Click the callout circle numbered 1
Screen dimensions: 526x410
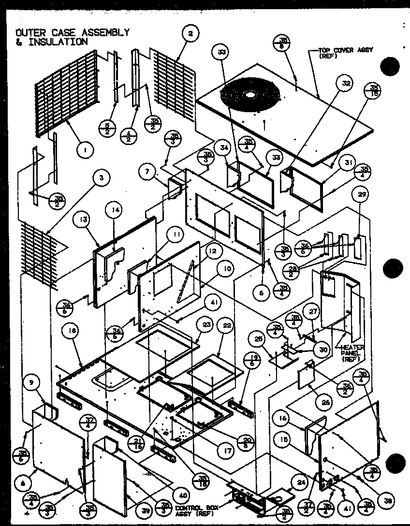point(85,150)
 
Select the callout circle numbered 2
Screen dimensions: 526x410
point(190,34)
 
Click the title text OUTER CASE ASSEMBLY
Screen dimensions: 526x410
point(73,32)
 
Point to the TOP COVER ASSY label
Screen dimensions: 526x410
point(345,52)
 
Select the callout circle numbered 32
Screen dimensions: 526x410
point(346,83)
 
